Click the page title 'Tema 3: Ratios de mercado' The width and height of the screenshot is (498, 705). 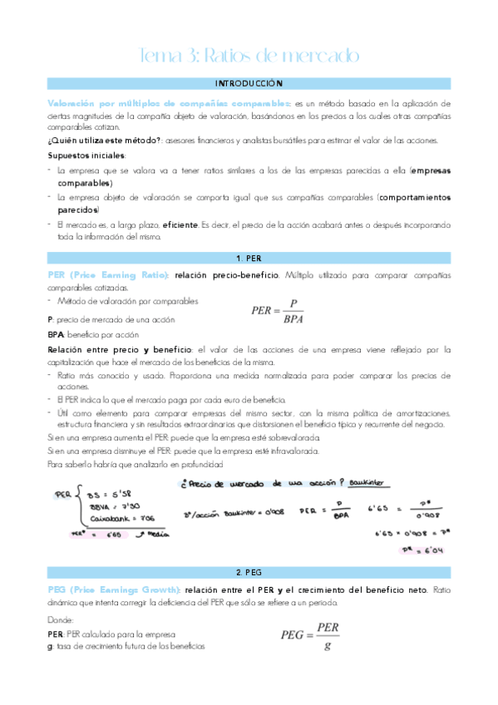click(x=249, y=57)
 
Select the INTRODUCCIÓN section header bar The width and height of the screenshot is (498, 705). click(x=249, y=84)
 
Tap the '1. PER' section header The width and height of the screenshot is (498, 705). click(x=249, y=259)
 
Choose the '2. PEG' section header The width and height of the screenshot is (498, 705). click(x=249, y=574)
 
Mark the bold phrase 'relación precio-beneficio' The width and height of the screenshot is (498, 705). click(x=227, y=274)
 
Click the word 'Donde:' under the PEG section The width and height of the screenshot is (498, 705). click(x=62, y=619)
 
